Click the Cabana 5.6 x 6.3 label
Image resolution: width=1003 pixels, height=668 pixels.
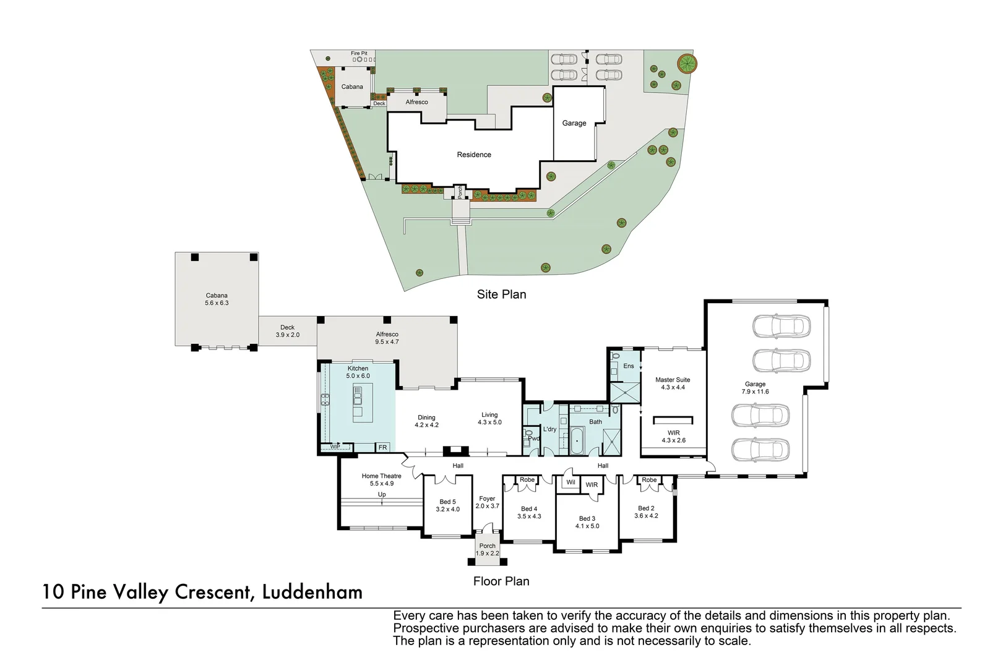[217, 299]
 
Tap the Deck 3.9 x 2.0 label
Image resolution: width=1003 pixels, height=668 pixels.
[287, 331]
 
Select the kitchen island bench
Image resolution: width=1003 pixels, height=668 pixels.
[358, 402]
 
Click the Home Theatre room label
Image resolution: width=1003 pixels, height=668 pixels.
[381, 479]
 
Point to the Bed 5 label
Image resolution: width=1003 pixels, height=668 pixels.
[447, 505]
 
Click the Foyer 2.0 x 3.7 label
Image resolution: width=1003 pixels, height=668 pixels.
[487, 502]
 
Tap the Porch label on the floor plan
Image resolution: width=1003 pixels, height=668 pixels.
[487, 549]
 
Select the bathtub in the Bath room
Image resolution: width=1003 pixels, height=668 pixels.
[577, 440]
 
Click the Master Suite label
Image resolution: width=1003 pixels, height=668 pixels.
[673, 383]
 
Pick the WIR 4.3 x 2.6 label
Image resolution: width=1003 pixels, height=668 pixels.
[673, 437]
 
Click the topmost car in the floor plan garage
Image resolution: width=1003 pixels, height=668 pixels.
[781, 325]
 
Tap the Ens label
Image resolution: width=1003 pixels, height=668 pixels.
[628, 366]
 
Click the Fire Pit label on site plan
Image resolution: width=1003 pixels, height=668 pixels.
[359, 53]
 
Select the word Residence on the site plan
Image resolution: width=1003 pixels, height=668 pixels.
[474, 155]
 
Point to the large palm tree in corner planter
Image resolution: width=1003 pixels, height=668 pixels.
[686, 63]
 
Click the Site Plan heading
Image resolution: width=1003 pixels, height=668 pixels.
[501, 294]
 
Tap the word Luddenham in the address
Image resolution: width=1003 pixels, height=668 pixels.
[312, 592]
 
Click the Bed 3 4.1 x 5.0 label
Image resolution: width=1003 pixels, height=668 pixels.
[587, 522]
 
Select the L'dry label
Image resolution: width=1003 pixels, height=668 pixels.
[549, 429]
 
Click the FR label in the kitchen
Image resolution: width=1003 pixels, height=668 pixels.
[382, 447]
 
